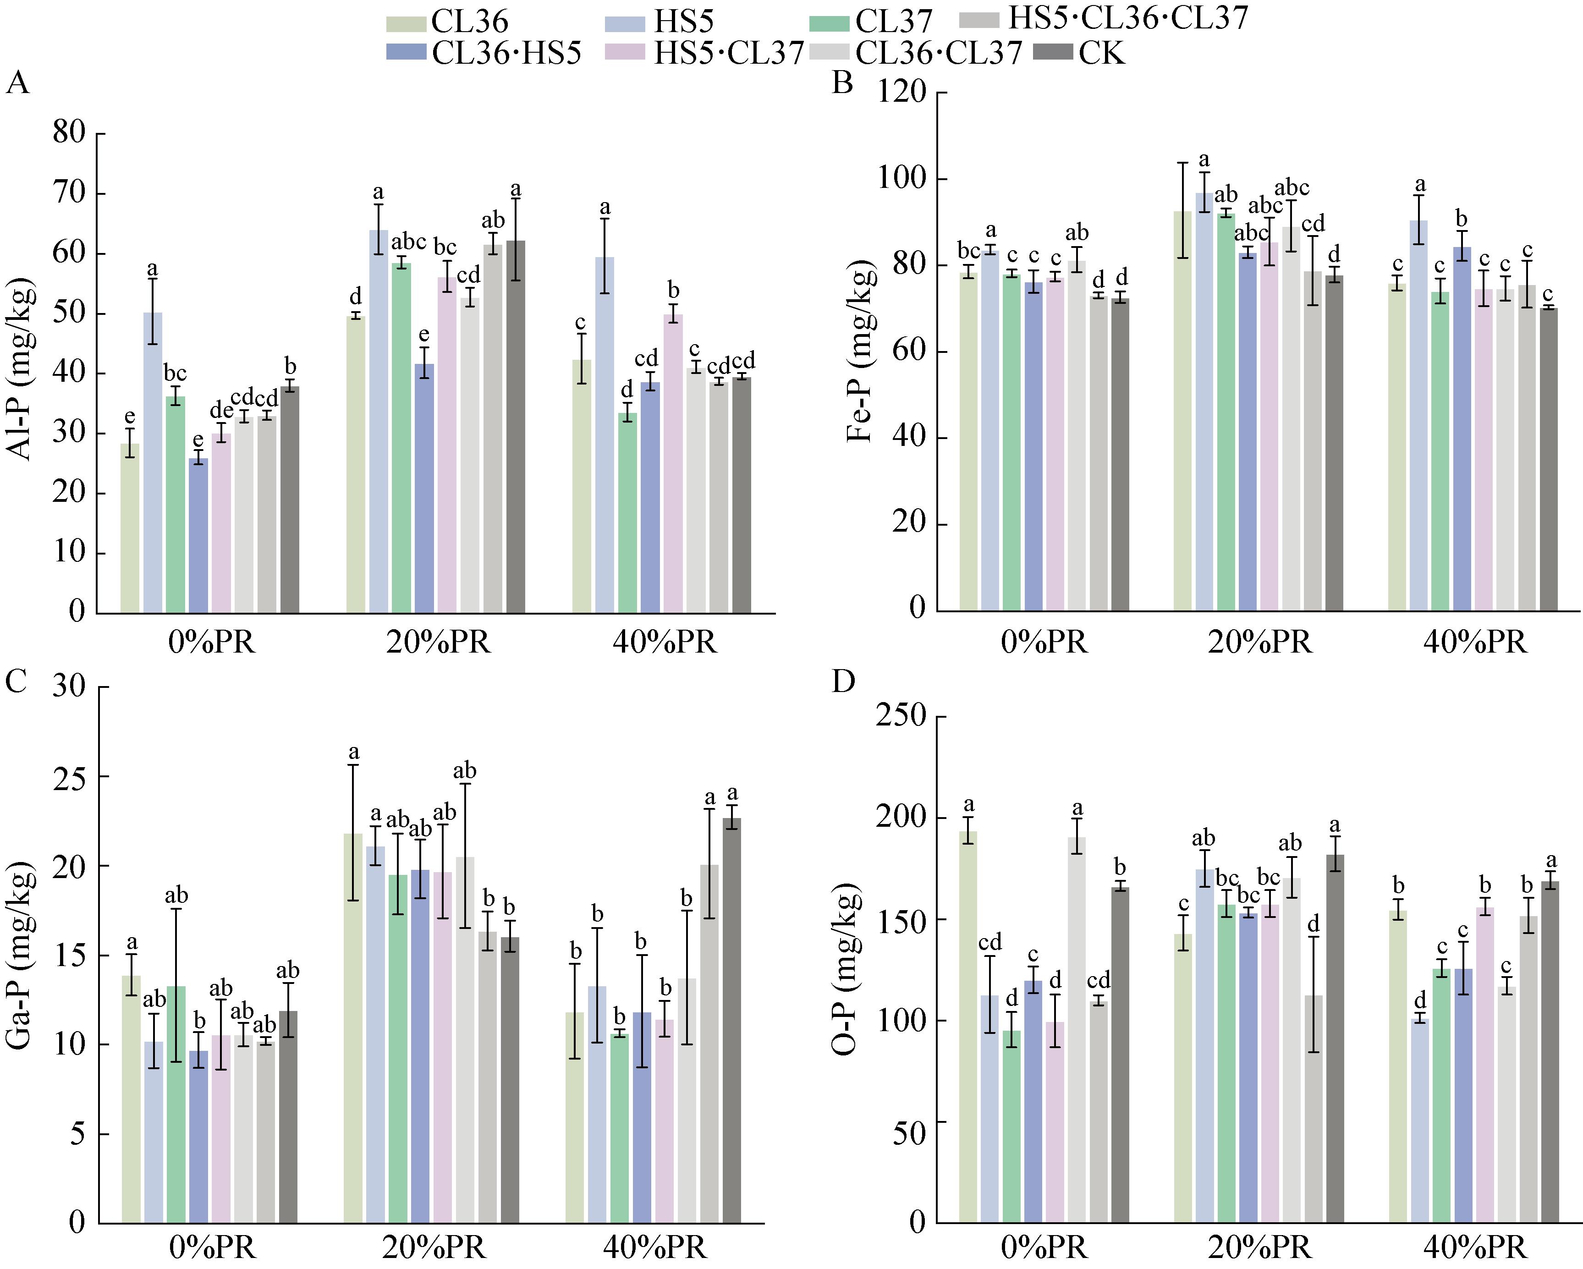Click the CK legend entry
tap(1079, 53)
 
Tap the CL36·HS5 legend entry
tap(484, 53)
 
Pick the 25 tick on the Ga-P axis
tap(71, 777)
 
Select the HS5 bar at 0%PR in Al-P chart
tap(153, 463)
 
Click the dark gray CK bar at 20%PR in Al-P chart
tap(516, 427)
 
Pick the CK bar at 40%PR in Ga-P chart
tap(732, 1020)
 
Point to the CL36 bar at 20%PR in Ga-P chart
tap(353, 1028)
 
